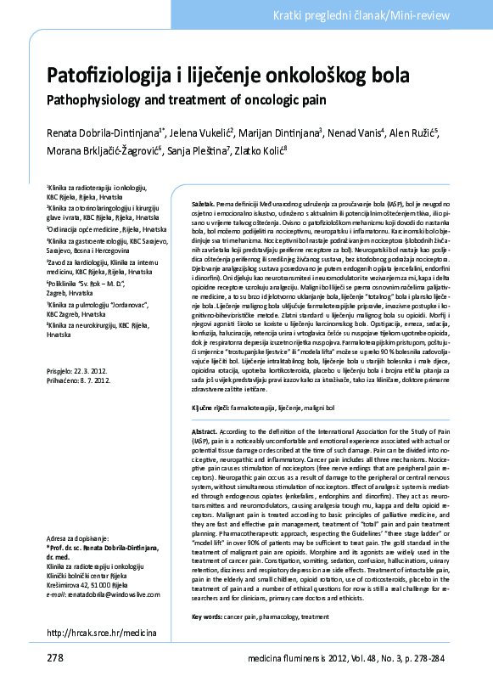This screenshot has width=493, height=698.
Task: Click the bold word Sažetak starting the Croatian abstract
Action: (x=203, y=205)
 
